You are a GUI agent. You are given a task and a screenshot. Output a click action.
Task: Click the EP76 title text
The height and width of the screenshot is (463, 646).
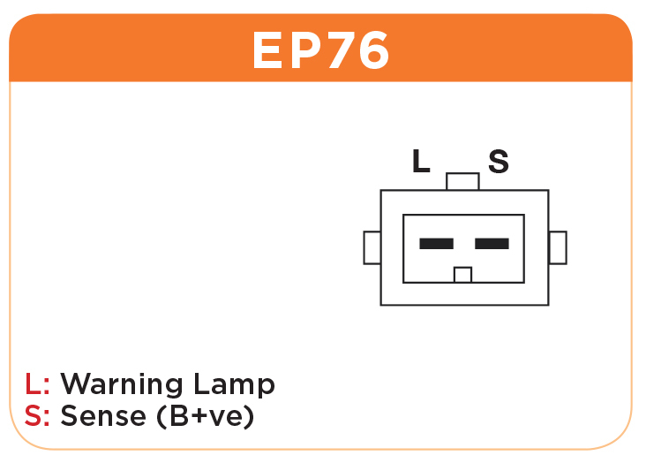pos(320,50)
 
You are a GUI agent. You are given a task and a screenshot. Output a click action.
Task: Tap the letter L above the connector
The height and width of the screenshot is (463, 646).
pos(421,161)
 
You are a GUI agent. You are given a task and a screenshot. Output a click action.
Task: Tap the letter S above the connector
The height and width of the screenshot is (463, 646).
pos(499,161)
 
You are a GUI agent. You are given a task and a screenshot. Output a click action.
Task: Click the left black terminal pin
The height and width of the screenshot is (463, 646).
pos(436,244)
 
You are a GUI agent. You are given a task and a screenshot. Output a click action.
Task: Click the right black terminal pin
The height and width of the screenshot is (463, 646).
pos(492,244)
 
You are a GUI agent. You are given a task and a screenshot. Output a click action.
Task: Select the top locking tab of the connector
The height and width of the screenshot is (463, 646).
pos(462,181)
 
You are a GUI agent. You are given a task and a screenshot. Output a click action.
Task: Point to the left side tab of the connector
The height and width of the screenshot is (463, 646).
pos(372,247)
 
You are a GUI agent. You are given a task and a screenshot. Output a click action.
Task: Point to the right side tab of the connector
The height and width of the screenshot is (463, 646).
pos(558,247)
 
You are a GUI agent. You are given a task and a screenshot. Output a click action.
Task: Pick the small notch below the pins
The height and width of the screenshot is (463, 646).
pos(462,275)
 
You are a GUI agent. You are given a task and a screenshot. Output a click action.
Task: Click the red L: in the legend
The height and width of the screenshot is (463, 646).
pos(37,383)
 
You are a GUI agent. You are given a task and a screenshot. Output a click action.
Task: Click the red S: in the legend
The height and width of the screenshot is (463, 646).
pos(37,415)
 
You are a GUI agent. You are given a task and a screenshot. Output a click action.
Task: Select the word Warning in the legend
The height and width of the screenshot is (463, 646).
pos(122,384)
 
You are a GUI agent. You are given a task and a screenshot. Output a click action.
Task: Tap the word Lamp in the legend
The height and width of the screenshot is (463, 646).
pos(234,384)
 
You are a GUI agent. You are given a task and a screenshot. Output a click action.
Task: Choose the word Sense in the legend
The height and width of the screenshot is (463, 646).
pos(103,415)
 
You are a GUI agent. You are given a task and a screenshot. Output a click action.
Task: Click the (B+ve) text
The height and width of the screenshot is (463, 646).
pos(205,416)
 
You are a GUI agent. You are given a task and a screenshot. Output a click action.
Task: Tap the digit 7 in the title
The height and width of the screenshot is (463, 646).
pos(339,50)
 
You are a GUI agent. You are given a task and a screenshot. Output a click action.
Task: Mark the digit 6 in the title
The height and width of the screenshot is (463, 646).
pos(373,50)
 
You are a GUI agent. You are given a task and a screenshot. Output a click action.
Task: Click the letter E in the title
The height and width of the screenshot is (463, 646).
pos(267,50)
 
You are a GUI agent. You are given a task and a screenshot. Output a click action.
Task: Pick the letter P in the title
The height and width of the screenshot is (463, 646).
pos(304,50)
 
